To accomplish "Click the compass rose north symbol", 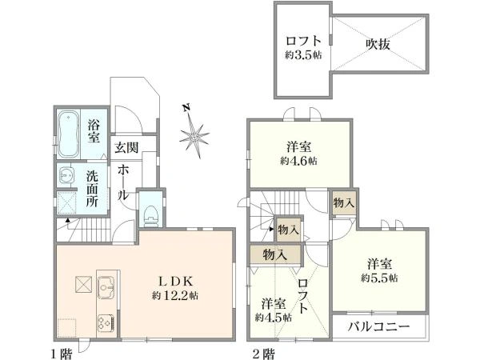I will pos(194,134).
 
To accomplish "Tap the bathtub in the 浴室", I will pos(69,132).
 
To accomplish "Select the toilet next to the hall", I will pos(149,211).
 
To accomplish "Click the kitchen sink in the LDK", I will pos(105,285).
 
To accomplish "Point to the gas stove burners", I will pos(105,322).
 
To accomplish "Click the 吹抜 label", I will pos(379,45).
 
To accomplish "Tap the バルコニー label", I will pos(379,328).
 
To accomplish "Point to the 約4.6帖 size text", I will pos(299,160).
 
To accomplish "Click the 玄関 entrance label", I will pos(126,148).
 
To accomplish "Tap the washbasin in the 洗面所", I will pos(64,175).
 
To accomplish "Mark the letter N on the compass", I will pos(186,108).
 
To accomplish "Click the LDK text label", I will pos(177,281).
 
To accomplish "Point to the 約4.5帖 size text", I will pos(274,317).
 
